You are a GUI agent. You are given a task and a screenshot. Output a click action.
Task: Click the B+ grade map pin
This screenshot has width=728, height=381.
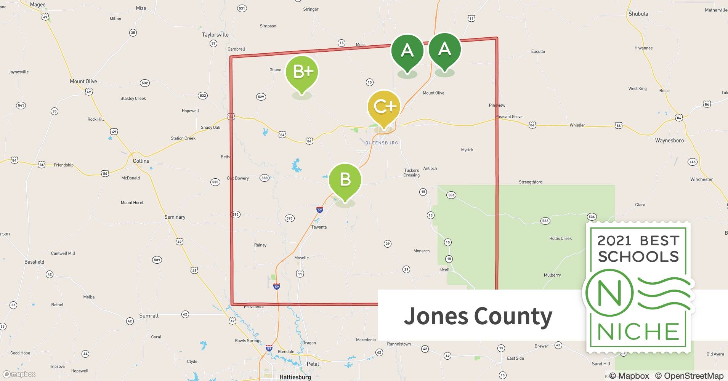pos(302,72)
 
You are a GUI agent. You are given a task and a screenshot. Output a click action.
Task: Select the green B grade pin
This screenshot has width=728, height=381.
pos(345,179)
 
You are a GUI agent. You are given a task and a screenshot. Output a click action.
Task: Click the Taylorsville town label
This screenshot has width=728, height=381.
pos(215,35)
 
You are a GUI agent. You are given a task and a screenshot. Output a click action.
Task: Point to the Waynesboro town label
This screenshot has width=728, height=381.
pos(669,141)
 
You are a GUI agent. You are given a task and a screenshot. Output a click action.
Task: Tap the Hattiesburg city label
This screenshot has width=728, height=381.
pos(295,377)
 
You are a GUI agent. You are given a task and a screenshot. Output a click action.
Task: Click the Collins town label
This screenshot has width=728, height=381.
pos(141,161)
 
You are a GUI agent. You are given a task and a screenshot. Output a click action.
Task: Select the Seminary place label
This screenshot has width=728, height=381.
pos(175,217)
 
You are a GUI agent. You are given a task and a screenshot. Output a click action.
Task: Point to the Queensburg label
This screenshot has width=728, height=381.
pos(382,143)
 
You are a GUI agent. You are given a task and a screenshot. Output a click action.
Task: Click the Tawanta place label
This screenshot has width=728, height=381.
pos(319,227)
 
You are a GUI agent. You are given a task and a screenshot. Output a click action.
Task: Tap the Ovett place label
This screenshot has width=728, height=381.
pos(444,269)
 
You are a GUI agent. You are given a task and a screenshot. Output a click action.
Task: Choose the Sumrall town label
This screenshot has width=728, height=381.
pos(149,316)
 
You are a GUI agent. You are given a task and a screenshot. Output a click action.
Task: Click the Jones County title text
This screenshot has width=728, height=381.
pos(478,316)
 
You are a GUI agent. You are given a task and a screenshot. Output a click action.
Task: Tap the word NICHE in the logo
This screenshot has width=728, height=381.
pos(638,331)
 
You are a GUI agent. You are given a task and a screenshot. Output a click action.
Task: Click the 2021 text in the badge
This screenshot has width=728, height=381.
pos(614,241)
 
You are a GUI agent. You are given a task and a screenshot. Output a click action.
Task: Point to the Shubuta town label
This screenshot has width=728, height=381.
pos(638,14)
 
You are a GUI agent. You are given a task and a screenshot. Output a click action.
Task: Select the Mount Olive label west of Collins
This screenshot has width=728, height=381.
pos(83,81)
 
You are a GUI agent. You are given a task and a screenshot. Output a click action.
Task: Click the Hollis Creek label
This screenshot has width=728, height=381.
pos(560,239)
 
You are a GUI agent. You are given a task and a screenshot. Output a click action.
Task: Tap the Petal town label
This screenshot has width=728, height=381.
pos(313,364)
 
